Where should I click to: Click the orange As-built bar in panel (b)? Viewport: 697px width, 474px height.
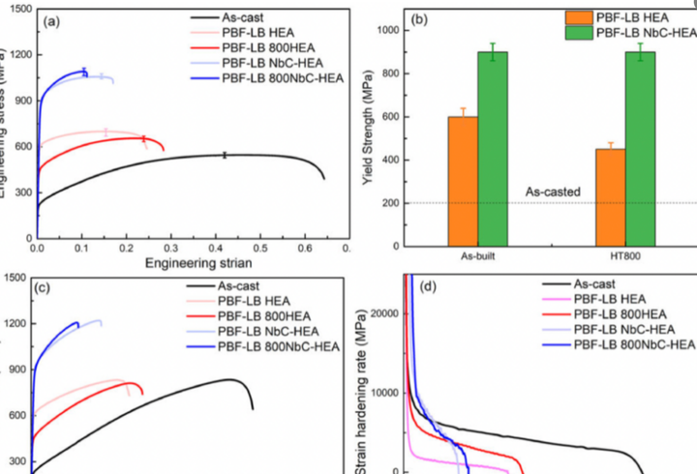[x=463, y=181]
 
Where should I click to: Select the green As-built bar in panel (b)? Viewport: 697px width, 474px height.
[x=494, y=149]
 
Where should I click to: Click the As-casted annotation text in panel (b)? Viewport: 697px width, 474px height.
[x=553, y=193]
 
